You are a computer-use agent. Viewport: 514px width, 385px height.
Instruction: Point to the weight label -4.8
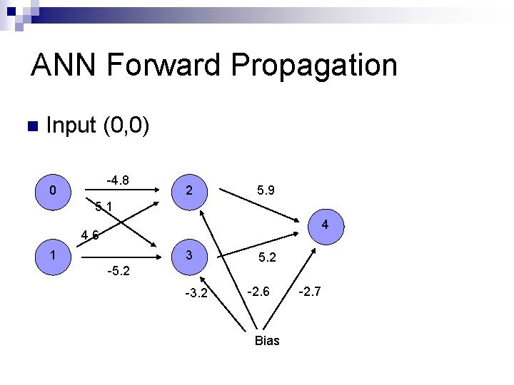118,180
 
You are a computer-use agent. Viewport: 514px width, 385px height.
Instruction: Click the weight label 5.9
266,191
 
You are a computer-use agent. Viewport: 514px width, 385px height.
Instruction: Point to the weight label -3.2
196,292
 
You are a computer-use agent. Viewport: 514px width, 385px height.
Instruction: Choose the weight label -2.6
258,290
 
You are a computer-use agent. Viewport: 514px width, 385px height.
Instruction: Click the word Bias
267,341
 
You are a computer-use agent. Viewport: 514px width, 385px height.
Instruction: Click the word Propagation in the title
315,66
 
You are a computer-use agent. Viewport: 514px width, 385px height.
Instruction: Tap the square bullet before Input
30,128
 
